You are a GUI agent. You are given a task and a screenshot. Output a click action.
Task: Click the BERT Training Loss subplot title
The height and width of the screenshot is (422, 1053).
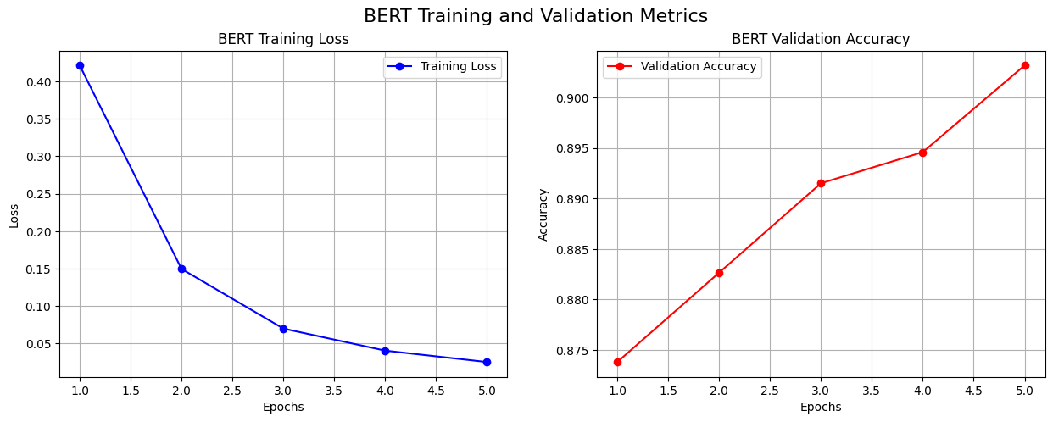[283, 39]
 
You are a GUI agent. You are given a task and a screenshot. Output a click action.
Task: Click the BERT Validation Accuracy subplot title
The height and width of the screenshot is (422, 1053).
[821, 39]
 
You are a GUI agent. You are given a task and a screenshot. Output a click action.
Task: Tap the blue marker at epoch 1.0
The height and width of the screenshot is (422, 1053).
[80, 65]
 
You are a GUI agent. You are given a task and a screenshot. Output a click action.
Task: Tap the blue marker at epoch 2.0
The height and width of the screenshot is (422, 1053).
[181, 269]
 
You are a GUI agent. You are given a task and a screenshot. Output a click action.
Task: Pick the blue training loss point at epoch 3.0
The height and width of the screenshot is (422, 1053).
[283, 329]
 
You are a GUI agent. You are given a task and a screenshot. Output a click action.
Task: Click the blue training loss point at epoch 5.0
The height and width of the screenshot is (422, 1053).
[487, 362]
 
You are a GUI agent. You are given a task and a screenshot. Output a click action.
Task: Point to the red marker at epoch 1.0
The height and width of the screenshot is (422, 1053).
[617, 362]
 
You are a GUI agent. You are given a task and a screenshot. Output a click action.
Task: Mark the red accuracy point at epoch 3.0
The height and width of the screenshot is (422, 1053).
[821, 183]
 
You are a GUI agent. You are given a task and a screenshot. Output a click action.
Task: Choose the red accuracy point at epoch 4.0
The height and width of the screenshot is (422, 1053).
[922, 153]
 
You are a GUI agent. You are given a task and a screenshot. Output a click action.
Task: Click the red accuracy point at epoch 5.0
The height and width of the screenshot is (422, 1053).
[1024, 65]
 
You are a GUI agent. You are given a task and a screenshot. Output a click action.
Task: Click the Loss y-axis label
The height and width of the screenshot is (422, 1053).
[14, 214]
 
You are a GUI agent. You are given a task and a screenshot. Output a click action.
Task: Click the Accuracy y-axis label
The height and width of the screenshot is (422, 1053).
[543, 214]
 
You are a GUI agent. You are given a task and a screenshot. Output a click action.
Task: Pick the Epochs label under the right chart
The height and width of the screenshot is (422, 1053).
[821, 407]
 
